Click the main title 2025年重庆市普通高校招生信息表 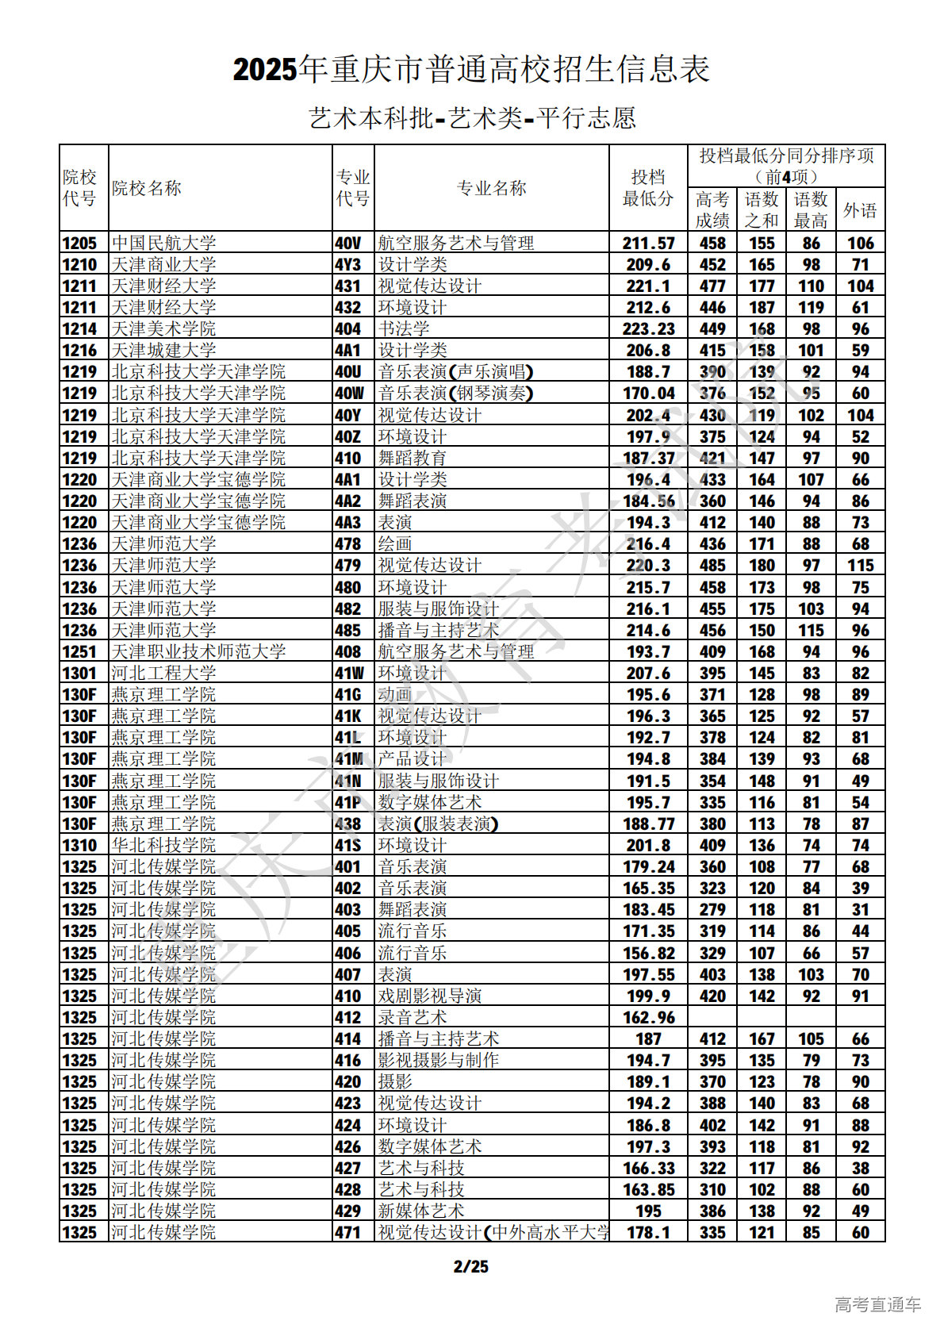[471, 70]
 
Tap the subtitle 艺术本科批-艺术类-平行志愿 [472, 118]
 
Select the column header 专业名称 [491, 188]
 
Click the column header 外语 [860, 210]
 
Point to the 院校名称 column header [147, 188]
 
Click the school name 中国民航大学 [163, 243]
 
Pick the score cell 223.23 [648, 328]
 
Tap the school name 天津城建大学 [163, 350]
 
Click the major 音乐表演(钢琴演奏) [455, 393]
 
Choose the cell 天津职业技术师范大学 [198, 651]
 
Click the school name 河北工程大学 [163, 673]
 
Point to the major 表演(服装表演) [438, 823]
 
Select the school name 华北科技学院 [163, 845]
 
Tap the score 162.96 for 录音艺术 [648, 1017]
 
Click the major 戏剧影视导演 [430, 996]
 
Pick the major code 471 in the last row [347, 1232]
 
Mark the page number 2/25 [471, 1266]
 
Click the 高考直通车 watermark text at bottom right [877, 1304]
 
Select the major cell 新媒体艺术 [421, 1211]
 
